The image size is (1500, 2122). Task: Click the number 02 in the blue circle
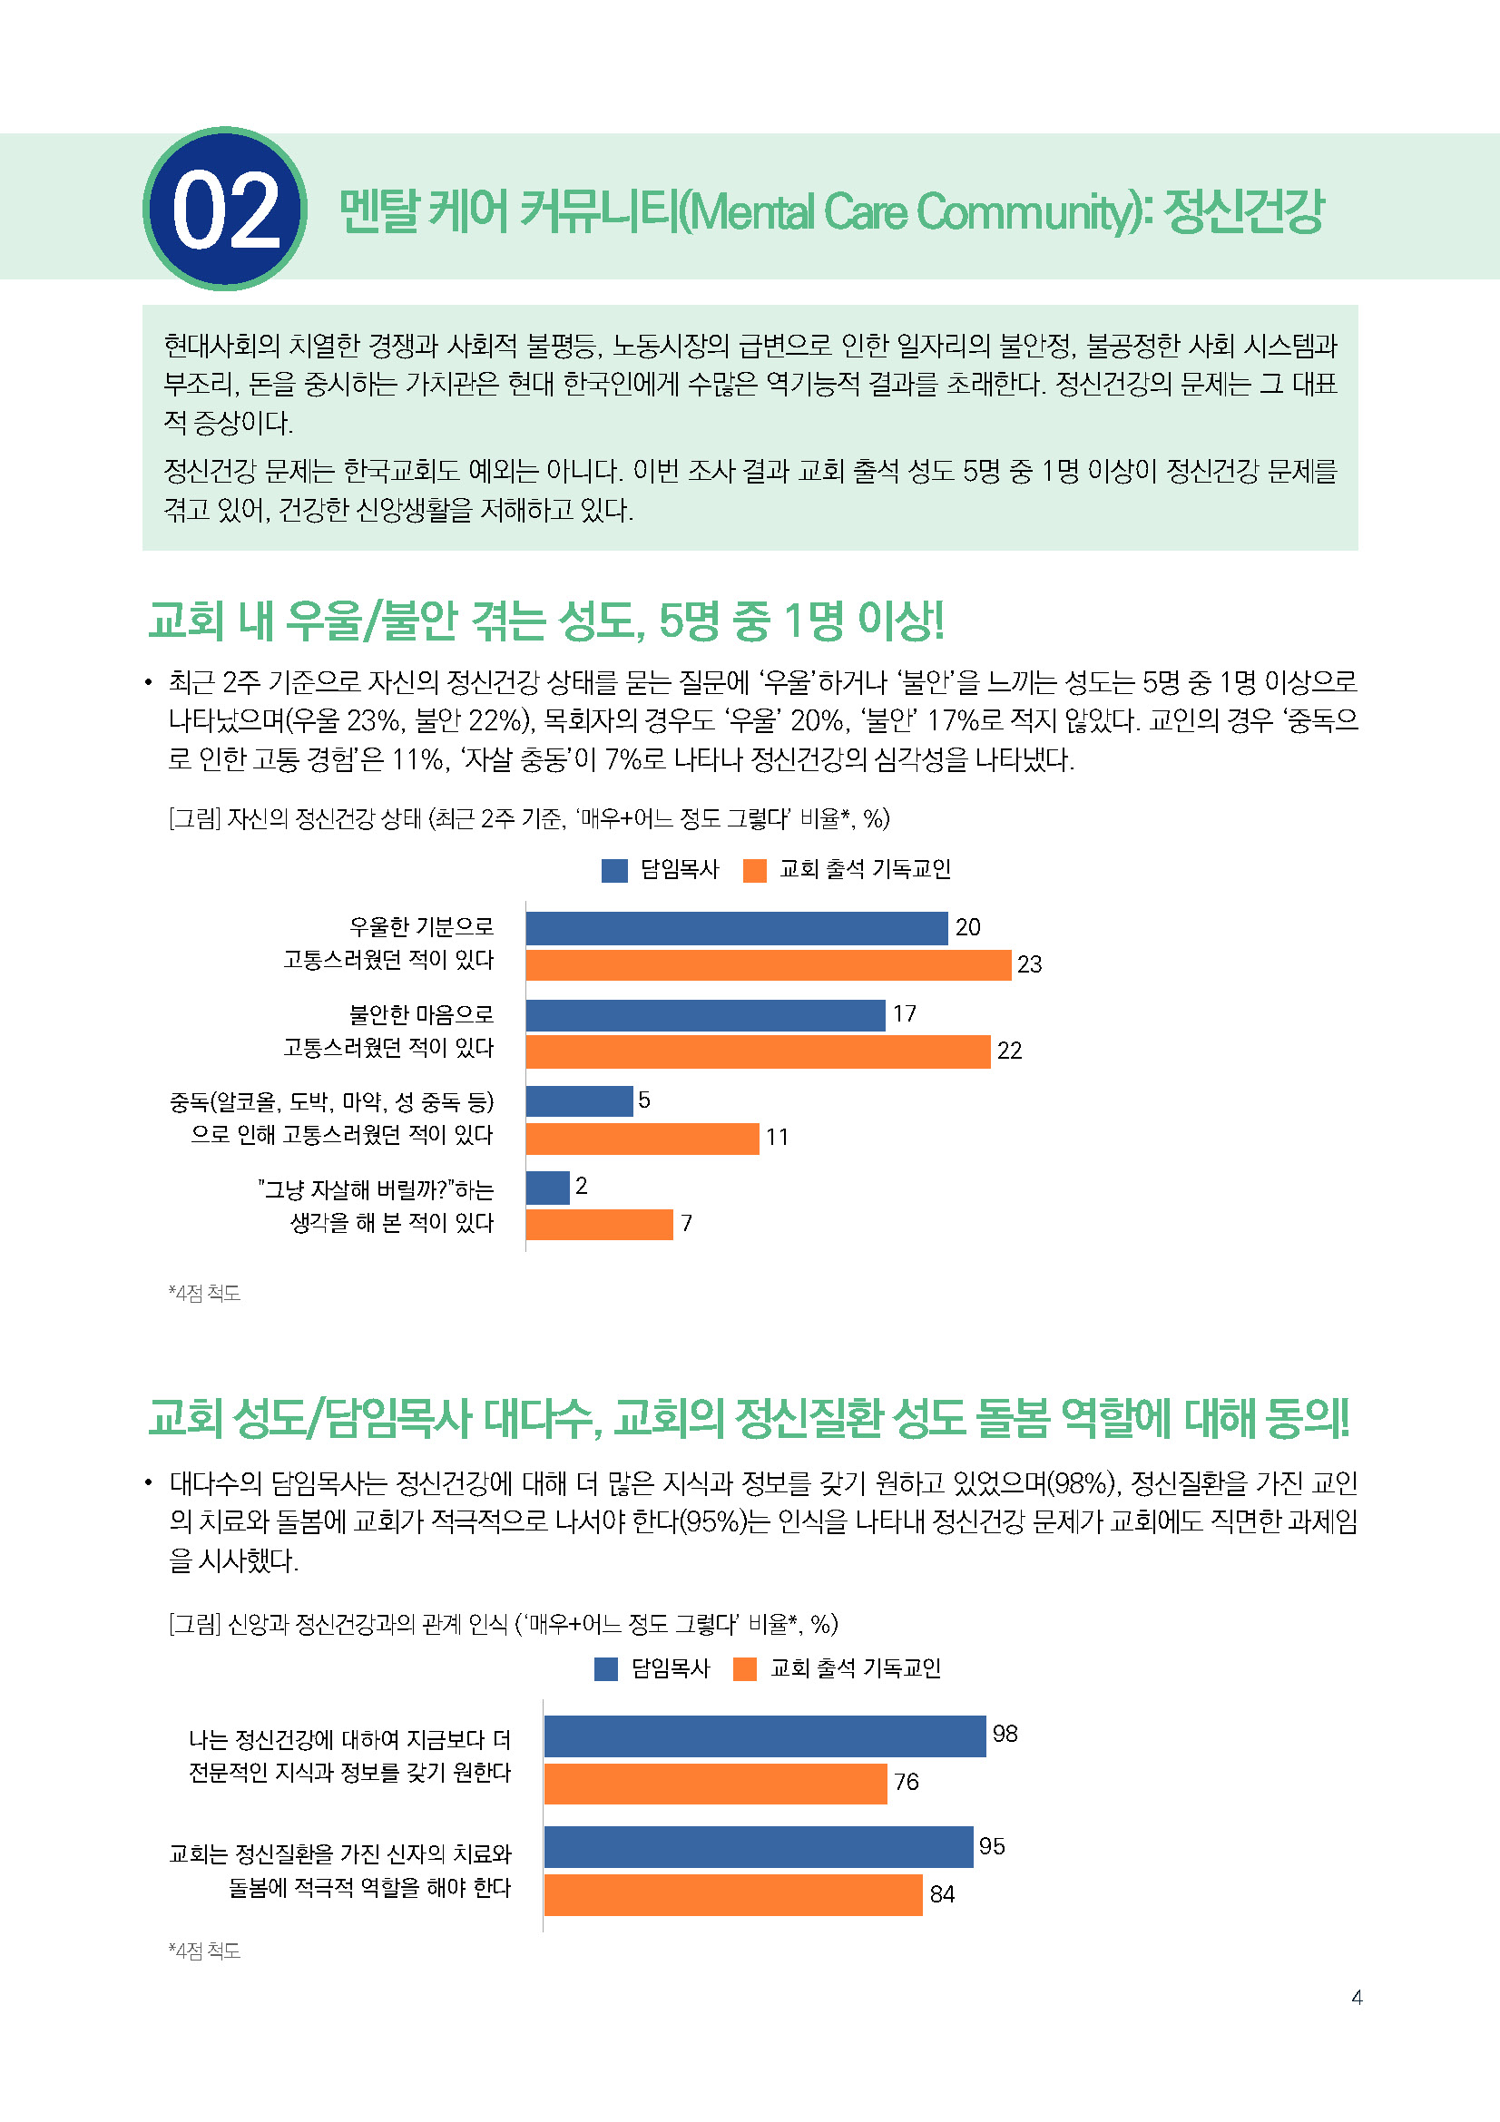tap(226, 210)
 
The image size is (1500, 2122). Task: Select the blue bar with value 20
tap(737, 928)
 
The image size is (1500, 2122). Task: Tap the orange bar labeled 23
tap(768, 965)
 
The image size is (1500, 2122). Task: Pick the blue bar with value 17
tap(705, 1015)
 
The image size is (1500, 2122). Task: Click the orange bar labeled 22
tap(758, 1051)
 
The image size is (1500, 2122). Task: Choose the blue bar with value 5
tap(580, 1100)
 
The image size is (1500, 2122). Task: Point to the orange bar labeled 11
tap(642, 1138)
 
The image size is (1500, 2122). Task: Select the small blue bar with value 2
tap(548, 1188)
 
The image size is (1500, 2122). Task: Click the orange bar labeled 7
tap(599, 1225)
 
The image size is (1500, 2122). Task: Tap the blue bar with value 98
tap(764, 1736)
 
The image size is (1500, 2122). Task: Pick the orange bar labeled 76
tap(715, 1784)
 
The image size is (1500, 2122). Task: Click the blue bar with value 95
tap(758, 1847)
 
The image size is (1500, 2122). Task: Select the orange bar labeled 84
tap(733, 1894)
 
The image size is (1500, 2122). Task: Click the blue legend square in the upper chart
tap(614, 871)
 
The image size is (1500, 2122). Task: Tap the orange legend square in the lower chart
tap(745, 1669)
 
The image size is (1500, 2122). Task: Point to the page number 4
tap(1357, 1997)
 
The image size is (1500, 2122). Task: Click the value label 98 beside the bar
tap(1005, 1734)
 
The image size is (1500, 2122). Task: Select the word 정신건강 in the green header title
tap(1243, 210)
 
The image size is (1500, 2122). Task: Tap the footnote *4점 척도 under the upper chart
tap(204, 1293)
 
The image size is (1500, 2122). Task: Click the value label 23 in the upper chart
tap(1030, 965)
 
